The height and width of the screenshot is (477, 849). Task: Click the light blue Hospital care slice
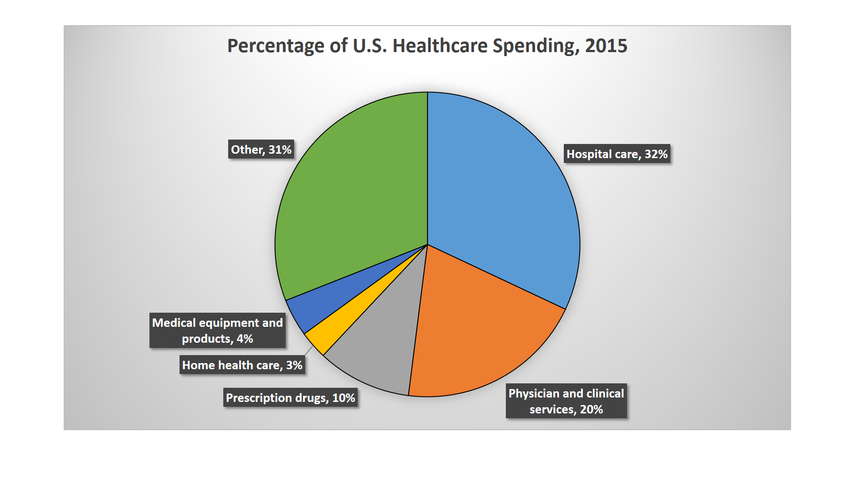pyautogui.click(x=500, y=190)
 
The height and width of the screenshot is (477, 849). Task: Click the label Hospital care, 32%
pyautogui.click(x=617, y=154)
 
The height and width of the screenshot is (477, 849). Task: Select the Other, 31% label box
pyautogui.click(x=261, y=150)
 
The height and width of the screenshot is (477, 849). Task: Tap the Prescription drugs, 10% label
pyautogui.click(x=291, y=398)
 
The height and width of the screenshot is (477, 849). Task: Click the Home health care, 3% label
pyautogui.click(x=242, y=365)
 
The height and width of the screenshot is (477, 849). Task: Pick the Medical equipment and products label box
pyautogui.click(x=217, y=330)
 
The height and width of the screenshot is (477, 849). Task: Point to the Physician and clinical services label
pyautogui.click(x=566, y=401)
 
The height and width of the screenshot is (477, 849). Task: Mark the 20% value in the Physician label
pyautogui.click(x=591, y=409)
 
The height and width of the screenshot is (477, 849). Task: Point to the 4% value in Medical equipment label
pyautogui.click(x=245, y=339)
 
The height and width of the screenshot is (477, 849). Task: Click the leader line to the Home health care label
pyautogui.click(x=309, y=350)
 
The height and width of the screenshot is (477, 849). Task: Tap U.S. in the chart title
pyautogui.click(x=370, y=46)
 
